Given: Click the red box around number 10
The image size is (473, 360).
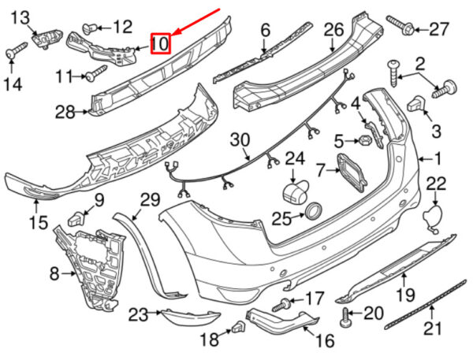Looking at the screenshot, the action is pyautogui.click(x=161, y=43).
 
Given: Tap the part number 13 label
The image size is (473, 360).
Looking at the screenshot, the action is pyautogui.click(x=20, y=18).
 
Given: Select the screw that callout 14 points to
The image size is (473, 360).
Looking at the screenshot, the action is pyautogui.click(x=17, y=50).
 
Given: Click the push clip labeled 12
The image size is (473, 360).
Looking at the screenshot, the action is pyautogui.click(x=90, y=28).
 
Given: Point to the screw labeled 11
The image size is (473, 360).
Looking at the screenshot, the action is pyautogui.click(x=96, y=73).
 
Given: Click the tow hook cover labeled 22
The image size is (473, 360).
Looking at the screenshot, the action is pyautogui.click(x=431, y=217).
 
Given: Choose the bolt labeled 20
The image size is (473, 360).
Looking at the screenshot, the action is pyautogui.click(x=346, y=317).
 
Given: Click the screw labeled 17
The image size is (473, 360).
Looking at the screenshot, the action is pyautogui.click(x=281, y=304).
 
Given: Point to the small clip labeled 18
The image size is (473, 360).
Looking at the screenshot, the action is pyautogui.click(x=239, y=327).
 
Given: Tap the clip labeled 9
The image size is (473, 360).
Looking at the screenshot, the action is pyautogui.click(x=76, y=218).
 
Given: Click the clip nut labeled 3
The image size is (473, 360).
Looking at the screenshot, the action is pyautogui.click(x=416, y=104).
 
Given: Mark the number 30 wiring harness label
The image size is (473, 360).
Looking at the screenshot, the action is pyautogui.click(x=240, y=141).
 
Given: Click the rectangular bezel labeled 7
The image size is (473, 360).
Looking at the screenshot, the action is pyautogui.click(x=352, y=173).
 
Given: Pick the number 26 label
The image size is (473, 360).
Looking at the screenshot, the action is pyautogui.click(x=334, y=30).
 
